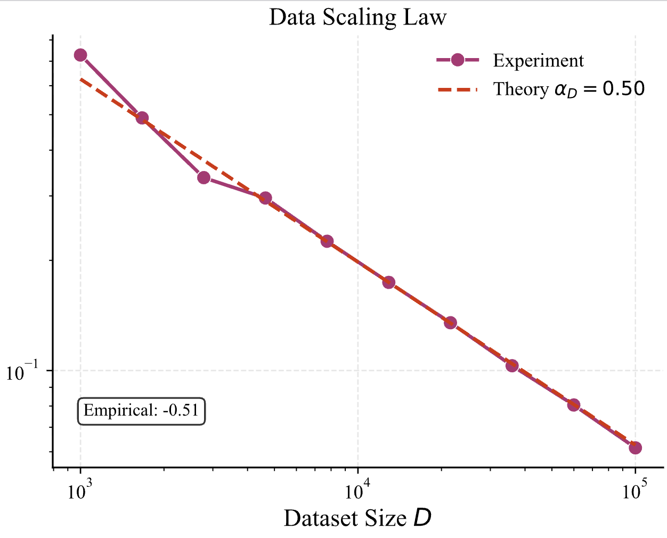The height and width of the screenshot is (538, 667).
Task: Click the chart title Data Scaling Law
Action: (x=357, y=17)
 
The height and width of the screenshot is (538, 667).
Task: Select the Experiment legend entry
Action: (x=538, y=61)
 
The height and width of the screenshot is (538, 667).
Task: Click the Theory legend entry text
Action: (x=569, y=89)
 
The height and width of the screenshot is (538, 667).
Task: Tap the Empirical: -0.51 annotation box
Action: (x=142, y=411)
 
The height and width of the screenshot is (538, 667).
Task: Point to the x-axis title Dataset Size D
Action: (x=357, y=518)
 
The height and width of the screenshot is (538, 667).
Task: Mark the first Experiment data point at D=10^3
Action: (x=80, y=55)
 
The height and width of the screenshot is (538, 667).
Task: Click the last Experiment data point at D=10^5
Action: (x=635, y=447)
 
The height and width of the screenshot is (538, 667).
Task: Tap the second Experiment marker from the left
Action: (x=142, y=118)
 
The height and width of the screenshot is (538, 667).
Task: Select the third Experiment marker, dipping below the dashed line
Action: (x=204, y=177)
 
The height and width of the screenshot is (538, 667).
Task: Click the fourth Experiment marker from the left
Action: (x=265, y=198)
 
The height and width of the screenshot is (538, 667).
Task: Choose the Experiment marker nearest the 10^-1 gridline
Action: (x=512, y=365)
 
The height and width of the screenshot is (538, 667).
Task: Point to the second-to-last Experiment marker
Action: (x=573, y=405)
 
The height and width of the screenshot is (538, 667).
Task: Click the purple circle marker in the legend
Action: (x=458, y=60)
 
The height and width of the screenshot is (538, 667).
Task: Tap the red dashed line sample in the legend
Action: (x=458, y=89)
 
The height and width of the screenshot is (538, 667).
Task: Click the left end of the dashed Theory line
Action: (x=81, y=79)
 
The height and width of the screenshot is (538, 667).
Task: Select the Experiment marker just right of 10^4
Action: (x=389, y=282)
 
